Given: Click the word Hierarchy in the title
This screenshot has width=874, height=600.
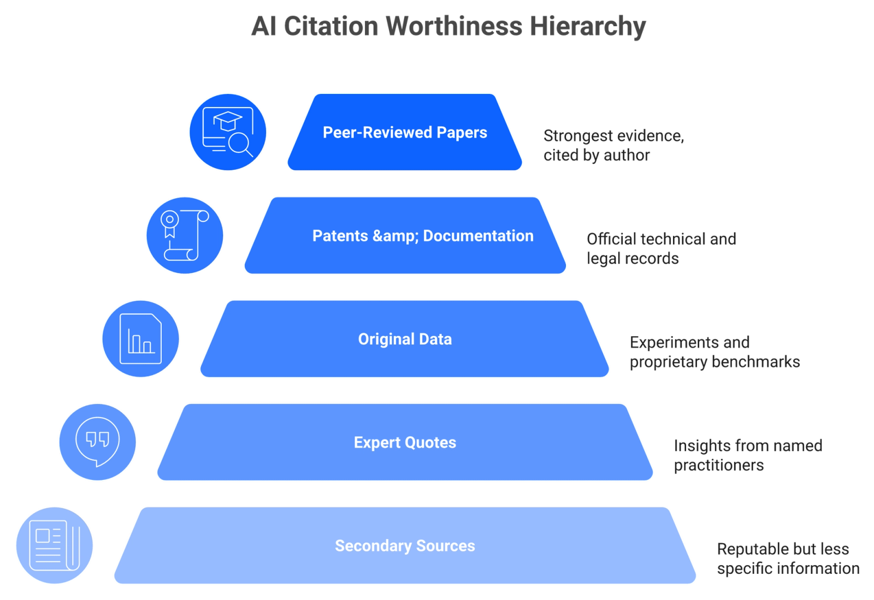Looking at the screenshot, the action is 588,27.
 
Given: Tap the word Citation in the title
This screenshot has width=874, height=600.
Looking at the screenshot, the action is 331,26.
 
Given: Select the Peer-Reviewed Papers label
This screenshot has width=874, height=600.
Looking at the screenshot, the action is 405,133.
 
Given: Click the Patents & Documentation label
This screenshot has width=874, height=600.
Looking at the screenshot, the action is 423,236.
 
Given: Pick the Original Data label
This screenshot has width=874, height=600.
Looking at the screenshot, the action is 405,339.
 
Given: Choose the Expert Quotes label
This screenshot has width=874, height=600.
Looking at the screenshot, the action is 405,443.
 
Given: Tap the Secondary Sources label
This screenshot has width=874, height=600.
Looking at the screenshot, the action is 405,546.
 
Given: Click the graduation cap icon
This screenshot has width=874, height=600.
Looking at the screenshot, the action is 227,121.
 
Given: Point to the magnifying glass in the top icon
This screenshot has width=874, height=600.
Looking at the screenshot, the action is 240,145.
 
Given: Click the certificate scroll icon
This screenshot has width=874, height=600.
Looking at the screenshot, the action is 185,235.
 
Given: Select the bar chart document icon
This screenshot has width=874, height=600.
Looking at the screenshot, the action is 140,339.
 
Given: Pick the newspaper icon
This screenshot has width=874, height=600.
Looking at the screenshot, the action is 55,545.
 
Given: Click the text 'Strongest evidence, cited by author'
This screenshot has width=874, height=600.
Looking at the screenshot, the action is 614,145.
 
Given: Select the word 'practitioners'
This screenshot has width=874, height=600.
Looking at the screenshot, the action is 719,466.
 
